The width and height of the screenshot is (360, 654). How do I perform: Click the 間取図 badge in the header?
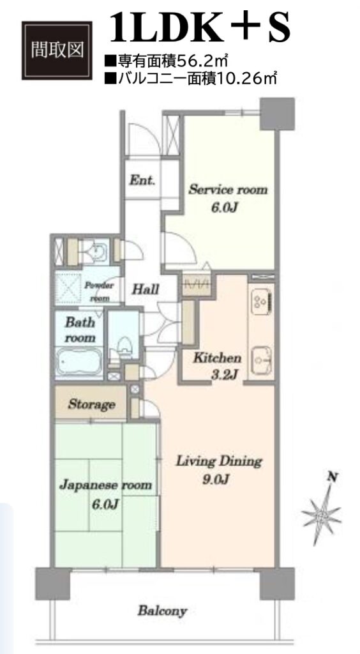57,50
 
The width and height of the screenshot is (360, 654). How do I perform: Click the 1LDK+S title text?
199,28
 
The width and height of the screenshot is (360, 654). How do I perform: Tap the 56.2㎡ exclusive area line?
166,62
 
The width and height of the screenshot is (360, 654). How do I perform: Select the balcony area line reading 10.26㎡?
191,78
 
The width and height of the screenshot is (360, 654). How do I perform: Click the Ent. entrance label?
142,181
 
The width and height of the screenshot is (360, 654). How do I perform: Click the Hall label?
146,289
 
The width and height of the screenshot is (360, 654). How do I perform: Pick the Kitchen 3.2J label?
216,366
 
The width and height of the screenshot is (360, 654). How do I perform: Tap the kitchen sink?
262,360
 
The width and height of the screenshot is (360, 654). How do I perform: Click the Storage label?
91,404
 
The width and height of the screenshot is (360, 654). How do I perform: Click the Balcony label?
162,611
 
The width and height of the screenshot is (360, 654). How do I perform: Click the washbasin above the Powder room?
96,250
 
